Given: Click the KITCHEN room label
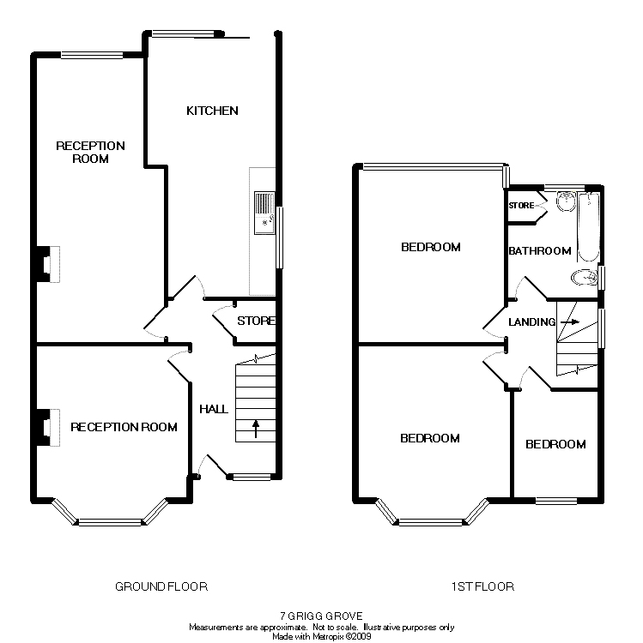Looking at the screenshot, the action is tap(212, 111).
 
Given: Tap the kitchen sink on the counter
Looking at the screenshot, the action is tap(264, 213).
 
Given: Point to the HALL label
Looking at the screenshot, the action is tap(214, 409).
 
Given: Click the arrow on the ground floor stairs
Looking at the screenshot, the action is tap(255, 429).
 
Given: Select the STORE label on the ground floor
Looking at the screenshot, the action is tap(256, 321).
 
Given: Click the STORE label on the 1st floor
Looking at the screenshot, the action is tap(521, 206).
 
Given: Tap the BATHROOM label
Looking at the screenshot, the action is tap(539, 251).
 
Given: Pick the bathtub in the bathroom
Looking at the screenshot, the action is tap(588, 227).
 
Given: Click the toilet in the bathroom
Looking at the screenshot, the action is tap(584, 278).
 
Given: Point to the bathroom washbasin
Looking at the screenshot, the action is tap(567, 201).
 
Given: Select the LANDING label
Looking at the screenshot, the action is tap(531, 322).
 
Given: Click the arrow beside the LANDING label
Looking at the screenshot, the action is tap(570, 322).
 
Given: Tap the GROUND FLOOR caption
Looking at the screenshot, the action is tap(161, 586).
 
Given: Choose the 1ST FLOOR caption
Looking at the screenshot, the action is tap(482, 586).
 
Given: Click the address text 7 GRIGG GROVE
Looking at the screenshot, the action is tap(321, 616).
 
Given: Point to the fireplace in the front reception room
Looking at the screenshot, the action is tap(48, 427).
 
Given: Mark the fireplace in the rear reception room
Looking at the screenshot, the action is tap(48, 264).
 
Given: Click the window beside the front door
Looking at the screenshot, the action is tap(252, 477).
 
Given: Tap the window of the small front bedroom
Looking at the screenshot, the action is tap(556, 501).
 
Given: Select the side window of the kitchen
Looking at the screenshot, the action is tap(280, 237).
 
